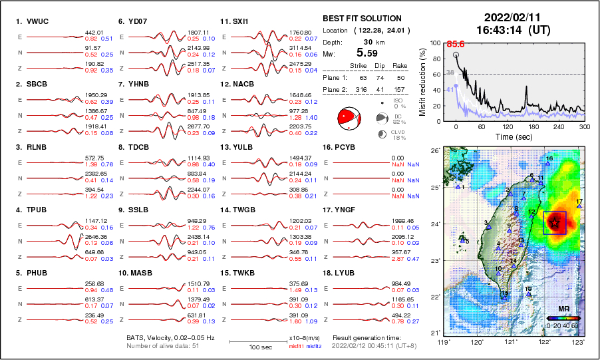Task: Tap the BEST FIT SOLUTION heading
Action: coord(362,19)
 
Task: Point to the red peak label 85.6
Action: coord(455,44)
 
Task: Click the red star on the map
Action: coord(554,224)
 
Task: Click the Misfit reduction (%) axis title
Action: coord(422,81)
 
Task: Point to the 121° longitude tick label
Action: coord(511,342)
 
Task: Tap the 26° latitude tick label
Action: coord(434,151)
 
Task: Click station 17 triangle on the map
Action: coord(579,206)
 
